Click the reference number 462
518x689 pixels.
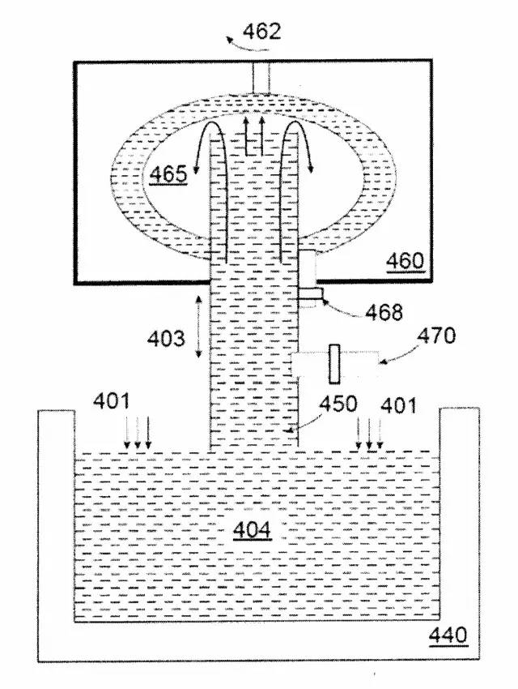262,31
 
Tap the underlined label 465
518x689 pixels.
168,174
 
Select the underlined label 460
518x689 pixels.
405,261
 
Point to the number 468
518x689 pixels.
384,312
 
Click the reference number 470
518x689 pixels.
436,336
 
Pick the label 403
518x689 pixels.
166,339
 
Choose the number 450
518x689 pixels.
338,404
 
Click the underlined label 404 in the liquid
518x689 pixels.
253,530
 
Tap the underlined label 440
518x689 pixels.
448,635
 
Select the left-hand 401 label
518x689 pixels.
112,401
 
